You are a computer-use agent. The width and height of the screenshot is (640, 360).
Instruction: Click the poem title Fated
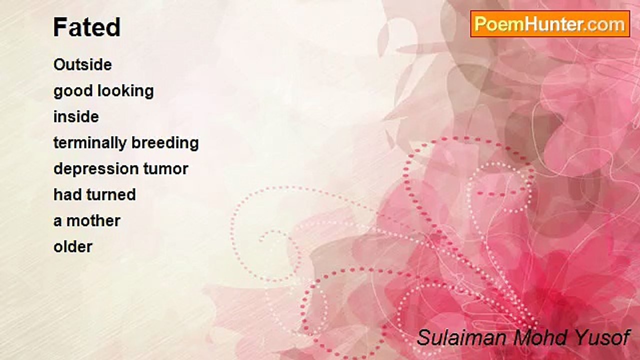tap(87, 27)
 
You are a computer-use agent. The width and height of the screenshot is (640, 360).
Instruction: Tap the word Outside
tap(82, 64)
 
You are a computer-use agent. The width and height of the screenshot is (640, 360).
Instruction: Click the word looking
tap(125, 91)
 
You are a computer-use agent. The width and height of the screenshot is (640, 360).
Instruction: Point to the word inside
tap(76, 116)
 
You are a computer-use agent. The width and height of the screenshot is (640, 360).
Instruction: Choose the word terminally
tap(90, 143)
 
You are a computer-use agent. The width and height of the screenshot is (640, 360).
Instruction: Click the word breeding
tap(165, 143)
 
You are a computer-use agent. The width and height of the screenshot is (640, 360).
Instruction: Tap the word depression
tap(96, 169)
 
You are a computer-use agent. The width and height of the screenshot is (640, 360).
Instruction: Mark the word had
tap(67, 194)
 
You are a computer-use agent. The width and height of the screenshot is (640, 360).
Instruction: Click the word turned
tap(111, 194)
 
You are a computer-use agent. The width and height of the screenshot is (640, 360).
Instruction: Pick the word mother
tap(93, 221)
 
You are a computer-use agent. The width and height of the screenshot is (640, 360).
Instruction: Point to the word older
tap(73, 247)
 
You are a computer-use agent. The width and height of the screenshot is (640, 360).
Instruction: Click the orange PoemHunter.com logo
tap(550, 24)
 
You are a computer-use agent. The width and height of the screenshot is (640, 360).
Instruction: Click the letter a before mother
tap(57, 221)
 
